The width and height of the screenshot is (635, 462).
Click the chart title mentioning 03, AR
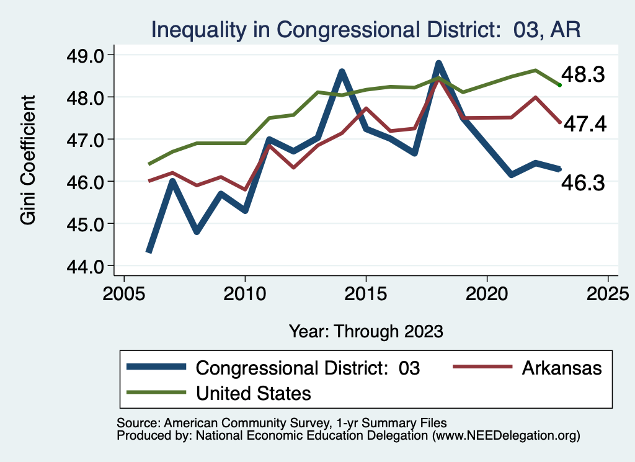[366, 30]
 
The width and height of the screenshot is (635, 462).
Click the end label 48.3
[583, 75]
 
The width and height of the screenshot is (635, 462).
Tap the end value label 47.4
[583, 124]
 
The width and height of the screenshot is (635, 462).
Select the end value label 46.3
[583, 183]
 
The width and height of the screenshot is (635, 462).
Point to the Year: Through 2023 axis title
[366, 331]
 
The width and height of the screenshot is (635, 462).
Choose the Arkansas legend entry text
[562, 368]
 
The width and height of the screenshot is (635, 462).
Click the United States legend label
[254, 393]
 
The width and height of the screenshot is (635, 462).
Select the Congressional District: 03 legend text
[308, 368]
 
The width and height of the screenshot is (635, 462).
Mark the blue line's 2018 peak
[438, 63]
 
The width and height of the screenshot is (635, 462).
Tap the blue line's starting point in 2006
[149, 251]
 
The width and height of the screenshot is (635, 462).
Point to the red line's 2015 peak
[366, 109]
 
